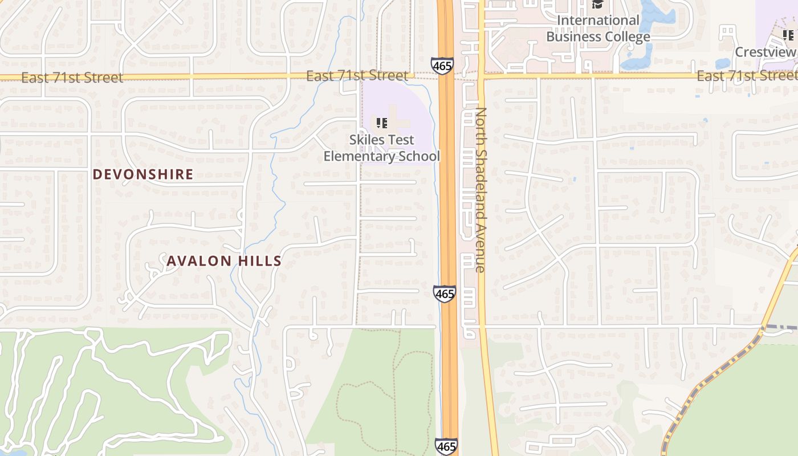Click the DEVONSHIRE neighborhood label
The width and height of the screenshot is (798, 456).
(143, 174)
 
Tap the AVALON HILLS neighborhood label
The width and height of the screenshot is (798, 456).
(224, 261)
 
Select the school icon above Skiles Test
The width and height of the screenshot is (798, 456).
(382, 123)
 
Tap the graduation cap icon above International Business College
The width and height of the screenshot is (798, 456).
(597, 5)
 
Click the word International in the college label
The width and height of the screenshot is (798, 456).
(598, 21)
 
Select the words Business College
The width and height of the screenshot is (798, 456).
(598, 37)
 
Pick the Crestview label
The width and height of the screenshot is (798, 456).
(765, 52)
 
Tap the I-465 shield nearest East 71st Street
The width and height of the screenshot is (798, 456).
(442, 66)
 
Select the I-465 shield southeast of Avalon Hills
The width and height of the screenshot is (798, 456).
(444, 294)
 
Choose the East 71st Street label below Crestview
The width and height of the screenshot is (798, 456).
(747, 76)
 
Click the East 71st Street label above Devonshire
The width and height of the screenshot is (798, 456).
(72, 78)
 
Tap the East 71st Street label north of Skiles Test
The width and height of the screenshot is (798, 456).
(357, 76)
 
